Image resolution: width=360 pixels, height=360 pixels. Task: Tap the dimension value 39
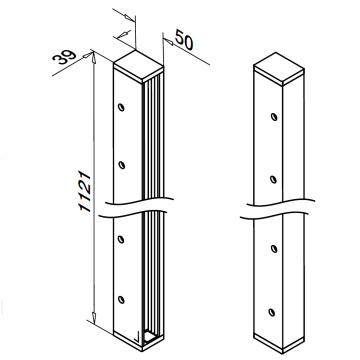click(65, 57)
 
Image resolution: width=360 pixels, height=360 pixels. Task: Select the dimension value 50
click(184, 39)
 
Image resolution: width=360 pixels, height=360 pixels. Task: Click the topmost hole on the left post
click(121, 107)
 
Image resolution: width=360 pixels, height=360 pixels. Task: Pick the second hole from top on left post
click(121, 165)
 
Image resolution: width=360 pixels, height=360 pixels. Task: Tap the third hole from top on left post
click(121, 239)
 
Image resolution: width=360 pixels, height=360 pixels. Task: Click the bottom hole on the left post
click(121, 300)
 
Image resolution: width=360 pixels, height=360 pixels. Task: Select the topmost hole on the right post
click(274, 117)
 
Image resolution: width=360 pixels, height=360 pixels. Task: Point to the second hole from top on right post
click(273, 180)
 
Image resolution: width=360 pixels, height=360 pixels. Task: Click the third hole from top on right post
click(274, 249)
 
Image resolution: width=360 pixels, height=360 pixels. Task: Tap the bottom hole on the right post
click(272, 312)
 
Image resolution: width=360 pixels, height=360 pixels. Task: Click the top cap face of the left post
click(139, 64)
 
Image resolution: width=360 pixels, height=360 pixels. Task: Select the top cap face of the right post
click(279, 66)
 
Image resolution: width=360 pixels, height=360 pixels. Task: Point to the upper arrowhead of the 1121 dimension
click(94, 57)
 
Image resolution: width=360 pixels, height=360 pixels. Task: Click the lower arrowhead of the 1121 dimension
click(94, 317)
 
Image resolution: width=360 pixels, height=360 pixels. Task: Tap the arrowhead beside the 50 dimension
click(168, 41)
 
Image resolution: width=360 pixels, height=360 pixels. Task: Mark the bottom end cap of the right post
click(279, 342)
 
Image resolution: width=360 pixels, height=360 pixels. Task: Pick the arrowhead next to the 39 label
click(87, 55)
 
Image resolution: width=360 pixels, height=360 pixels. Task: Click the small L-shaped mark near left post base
click(137, 338)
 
